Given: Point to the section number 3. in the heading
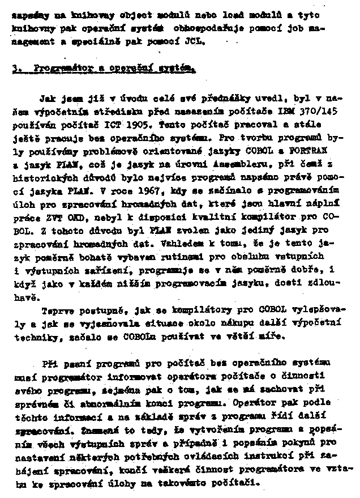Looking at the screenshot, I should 16,69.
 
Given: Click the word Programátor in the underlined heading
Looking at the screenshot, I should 58,69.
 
